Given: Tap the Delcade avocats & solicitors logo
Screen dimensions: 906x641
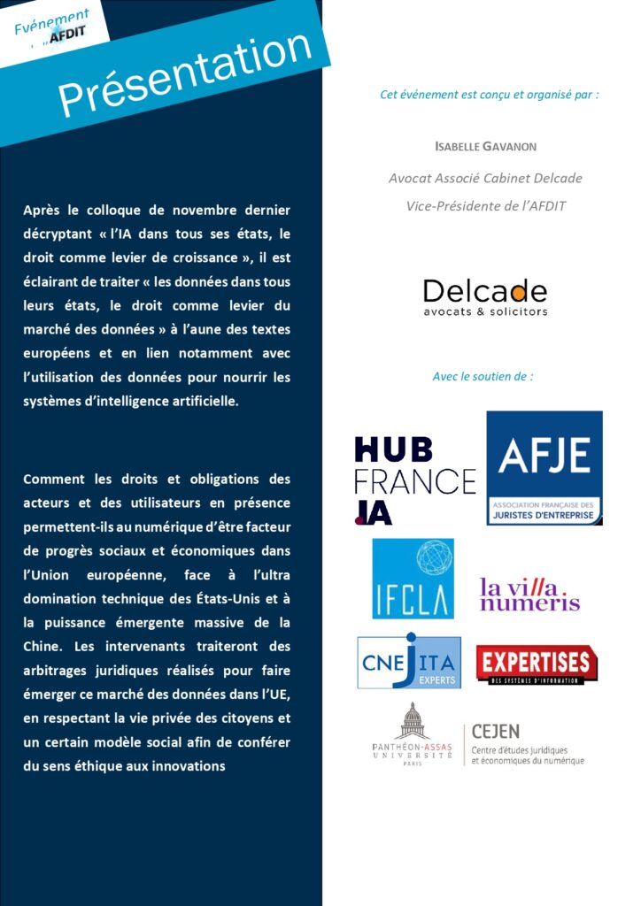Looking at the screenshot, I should [x=484, y=297].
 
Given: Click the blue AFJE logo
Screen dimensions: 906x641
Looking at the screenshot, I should [x=544, y=468].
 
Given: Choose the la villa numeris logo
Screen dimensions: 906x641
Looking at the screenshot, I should [x=529, y=594].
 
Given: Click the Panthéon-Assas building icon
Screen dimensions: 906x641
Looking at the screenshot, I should [x=412, y=722].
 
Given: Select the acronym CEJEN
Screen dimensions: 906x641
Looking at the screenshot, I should [x=496, y=732].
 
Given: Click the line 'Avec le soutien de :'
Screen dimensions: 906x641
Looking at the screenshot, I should [x=483, y=376].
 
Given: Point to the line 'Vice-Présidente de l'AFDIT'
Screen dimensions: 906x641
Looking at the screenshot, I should [x=485, y=206].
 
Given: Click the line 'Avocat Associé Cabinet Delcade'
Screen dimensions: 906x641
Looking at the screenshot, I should [x=485, y=178].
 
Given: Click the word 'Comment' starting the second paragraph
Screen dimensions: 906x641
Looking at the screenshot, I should [x=55, y=480].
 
